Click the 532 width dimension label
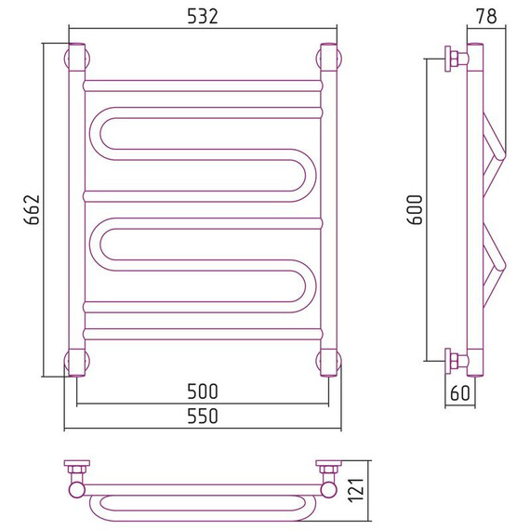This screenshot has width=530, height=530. click(x=203, y=16)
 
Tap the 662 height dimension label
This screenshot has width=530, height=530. click(x=33, y=209)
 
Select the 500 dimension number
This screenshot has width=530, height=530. click(x=203, y=391)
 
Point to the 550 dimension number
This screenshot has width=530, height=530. click(x=203, y=416)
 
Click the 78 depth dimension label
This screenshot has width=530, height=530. click(x=486, y=16)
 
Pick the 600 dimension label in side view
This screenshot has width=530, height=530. click(x=415, y=209)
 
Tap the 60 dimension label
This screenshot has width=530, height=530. click(x=460, y=392)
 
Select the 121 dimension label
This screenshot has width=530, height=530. click(x=358, y=490)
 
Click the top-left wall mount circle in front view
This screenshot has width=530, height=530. click(x=77, y=59)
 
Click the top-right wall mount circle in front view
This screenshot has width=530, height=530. click(x=329, y=59)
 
